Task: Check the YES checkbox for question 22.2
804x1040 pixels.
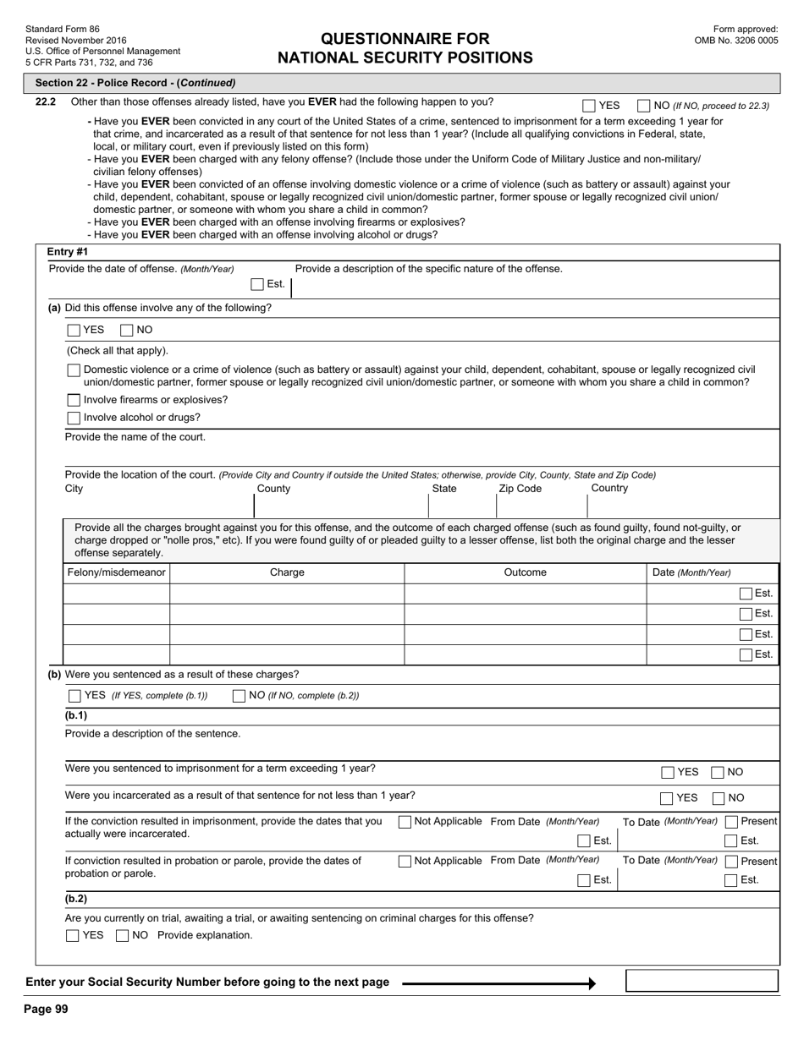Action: [589, 106]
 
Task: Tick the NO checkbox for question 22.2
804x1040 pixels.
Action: [643, 106]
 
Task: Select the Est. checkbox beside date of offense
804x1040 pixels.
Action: [257, 284]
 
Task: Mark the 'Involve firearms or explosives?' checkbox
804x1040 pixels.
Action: [74, 400]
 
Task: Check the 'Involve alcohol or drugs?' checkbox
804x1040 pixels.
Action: [74, 418]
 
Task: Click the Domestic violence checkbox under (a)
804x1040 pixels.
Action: [74, 370]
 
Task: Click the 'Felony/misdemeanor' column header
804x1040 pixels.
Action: [116, 572]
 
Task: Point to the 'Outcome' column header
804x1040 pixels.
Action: [525, 572]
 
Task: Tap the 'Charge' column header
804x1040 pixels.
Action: [287, 572]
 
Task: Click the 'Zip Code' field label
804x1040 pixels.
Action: [520, 489]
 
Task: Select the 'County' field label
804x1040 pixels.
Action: [273, 489]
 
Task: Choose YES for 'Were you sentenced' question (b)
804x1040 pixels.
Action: [74, 696]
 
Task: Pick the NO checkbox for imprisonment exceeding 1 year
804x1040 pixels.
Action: [718, 772]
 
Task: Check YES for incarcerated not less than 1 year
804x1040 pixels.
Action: [668, 798]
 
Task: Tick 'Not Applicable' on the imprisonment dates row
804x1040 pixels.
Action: [405, 822]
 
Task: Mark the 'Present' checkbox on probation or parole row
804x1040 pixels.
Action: [731, 862]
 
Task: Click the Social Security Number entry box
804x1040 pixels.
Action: [701, 981]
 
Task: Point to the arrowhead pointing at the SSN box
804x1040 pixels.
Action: [592, 983]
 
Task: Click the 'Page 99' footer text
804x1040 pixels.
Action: [46, 1009]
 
